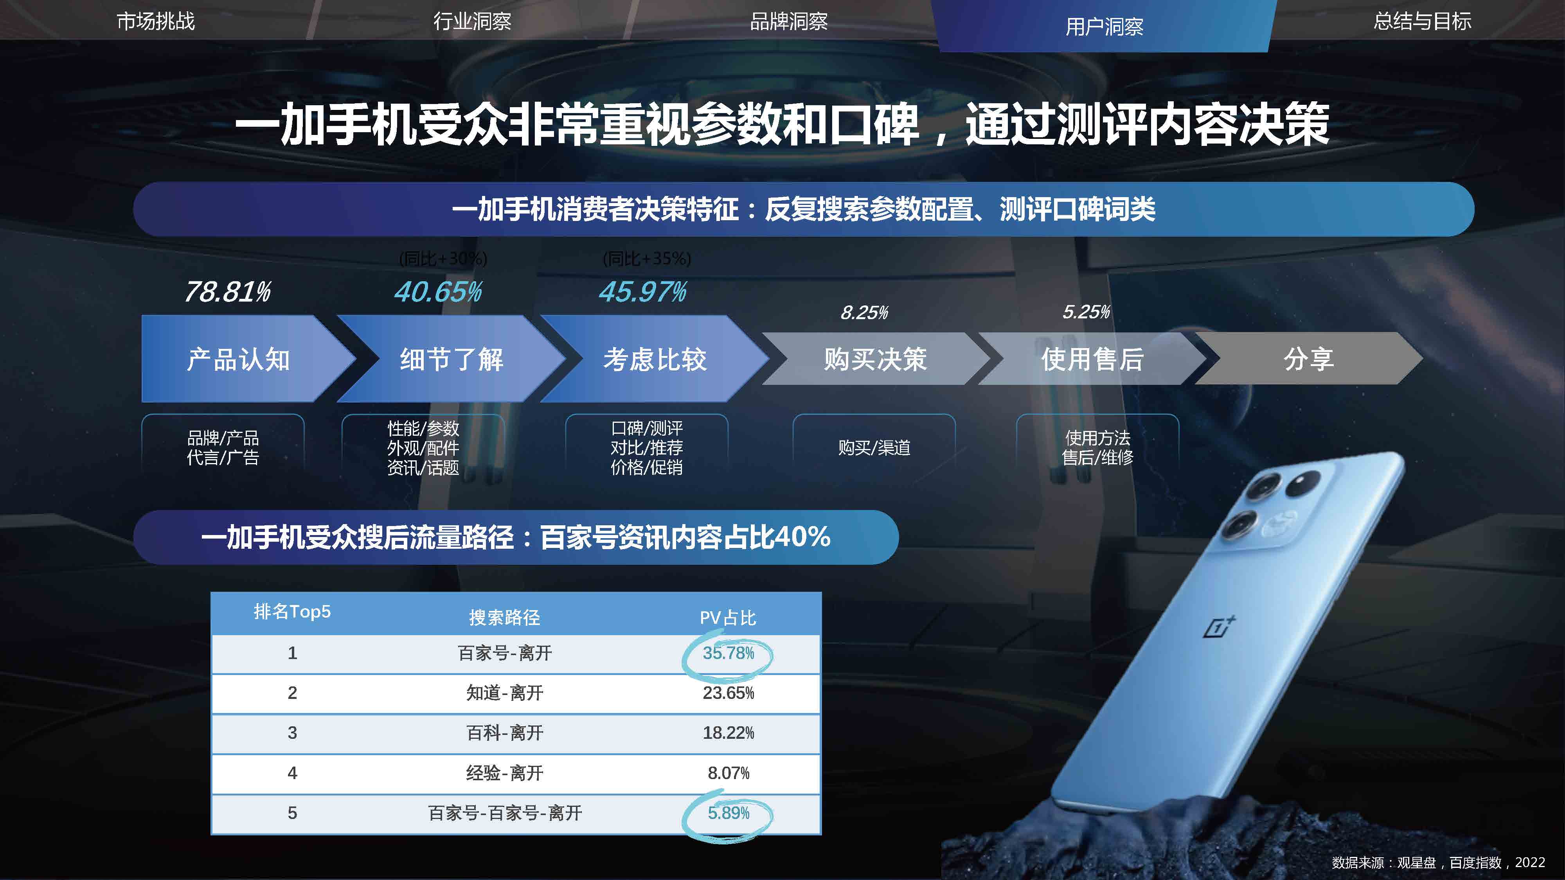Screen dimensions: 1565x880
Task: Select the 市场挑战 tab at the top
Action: click(156, 21)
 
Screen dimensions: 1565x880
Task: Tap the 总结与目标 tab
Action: click(1422, 21)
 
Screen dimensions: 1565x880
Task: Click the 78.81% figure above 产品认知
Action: click(228, 292)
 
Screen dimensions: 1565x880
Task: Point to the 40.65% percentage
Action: click(438, 292)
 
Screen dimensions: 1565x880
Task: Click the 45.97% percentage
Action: click(643, 292)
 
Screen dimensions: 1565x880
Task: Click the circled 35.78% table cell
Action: click(728, 654)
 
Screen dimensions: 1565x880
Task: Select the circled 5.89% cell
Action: click(728, 813)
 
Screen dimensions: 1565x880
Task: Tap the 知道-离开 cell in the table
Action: click(504, 693)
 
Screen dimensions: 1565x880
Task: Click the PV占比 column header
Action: click(728, 618)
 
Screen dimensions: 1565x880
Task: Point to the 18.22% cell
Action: click(728, 733)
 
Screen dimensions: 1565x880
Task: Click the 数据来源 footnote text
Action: click(1438, 862)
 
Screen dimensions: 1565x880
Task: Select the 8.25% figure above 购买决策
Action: click(864, 313)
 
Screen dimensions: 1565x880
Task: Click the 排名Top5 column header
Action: click(292, 612)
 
